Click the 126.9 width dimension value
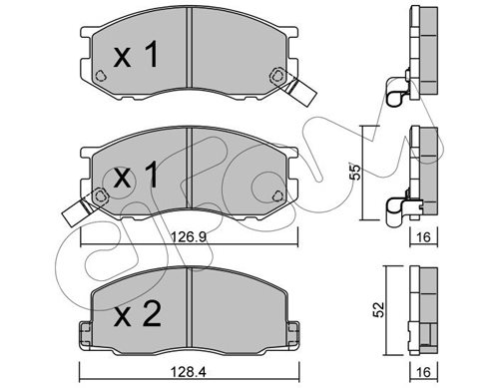(x=189, y=237)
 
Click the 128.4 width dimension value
(x=189, y=371)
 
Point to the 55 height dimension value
(x=355, y=172)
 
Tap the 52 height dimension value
(x=378, y=309)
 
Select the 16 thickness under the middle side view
(x=423, y=237)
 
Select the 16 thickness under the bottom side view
(x=423, y=371)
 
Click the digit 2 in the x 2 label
(x=151, y=314)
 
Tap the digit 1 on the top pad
(x=152, y=56)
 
